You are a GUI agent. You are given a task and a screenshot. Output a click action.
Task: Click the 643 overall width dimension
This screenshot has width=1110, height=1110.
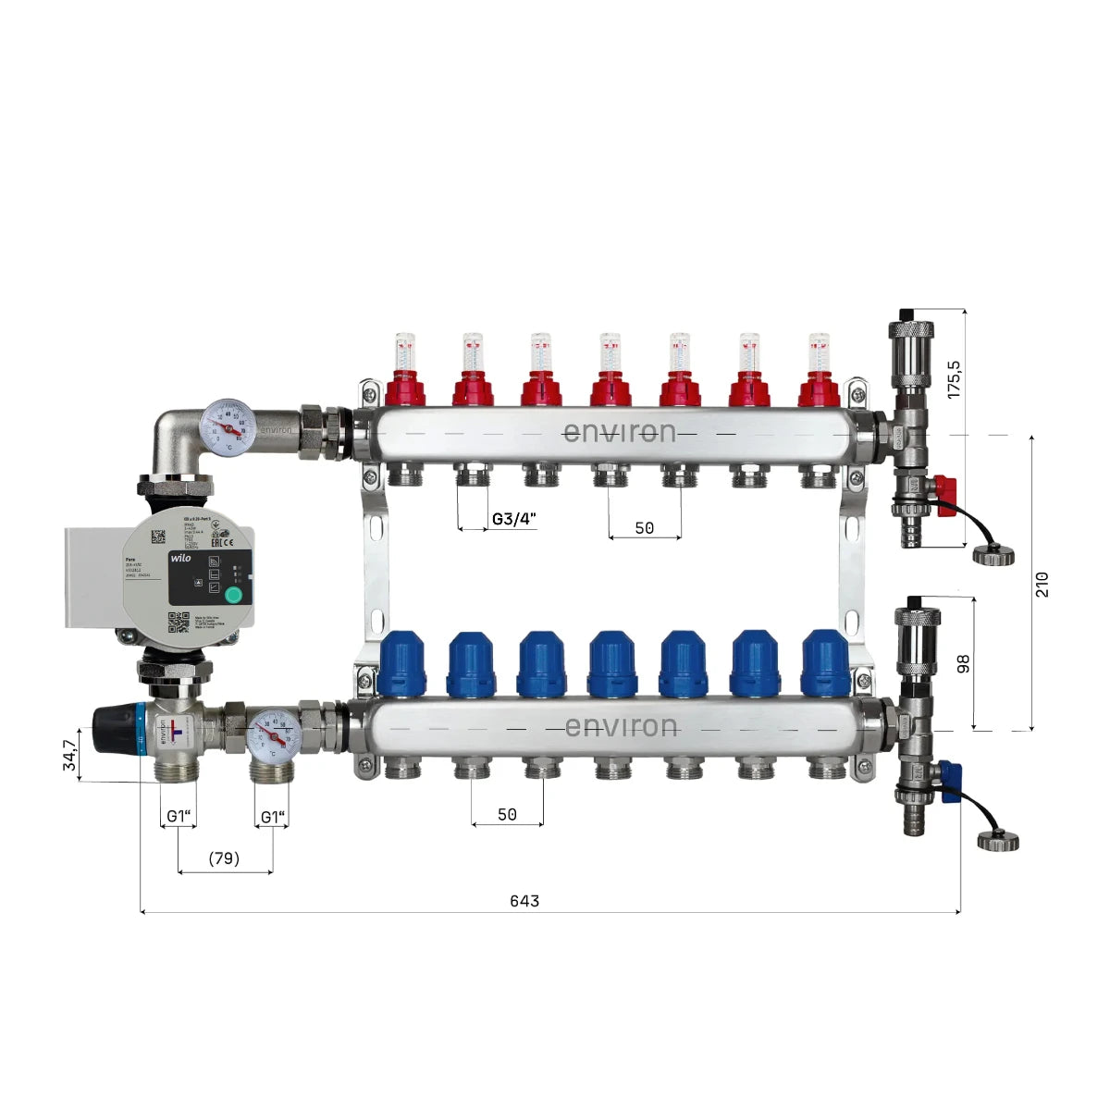(524, 900)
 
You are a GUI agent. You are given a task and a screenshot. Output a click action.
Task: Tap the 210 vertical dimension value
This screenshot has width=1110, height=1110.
(1042, 584)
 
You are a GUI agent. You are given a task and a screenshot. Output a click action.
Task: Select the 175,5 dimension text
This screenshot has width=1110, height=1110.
(956, 377)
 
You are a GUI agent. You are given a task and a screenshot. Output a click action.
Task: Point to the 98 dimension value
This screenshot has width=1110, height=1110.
(964, 663)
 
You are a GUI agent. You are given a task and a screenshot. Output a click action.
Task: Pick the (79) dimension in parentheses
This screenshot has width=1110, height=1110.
(224, 858)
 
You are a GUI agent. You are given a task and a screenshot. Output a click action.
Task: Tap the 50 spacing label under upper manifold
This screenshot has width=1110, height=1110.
(644, 528)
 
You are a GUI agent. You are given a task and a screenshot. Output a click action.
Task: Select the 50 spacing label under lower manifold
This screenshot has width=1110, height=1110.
(507, 815)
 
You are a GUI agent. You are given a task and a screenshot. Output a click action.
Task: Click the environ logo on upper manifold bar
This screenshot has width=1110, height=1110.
(619, 432)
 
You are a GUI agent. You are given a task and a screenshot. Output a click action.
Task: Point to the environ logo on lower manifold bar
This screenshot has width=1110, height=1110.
(621, 726)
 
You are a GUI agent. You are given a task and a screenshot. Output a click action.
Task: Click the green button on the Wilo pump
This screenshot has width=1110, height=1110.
(234, 595)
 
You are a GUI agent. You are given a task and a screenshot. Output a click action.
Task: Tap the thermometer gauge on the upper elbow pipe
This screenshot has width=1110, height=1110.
(228, 425)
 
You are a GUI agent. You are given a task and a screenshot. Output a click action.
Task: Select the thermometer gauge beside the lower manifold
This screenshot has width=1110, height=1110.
(273, 734)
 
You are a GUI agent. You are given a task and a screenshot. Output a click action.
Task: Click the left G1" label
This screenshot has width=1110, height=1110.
(179, 817)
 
